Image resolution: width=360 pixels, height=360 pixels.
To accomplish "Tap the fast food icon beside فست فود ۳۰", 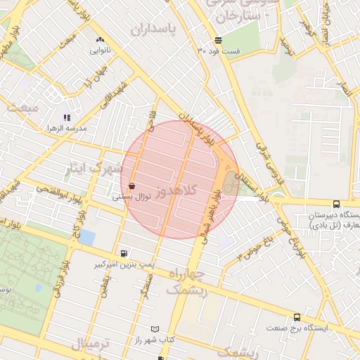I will (218, 40).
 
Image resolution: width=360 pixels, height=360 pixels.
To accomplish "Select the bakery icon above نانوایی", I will (100, 40).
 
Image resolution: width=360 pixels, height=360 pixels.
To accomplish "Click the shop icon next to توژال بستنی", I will (133, 186).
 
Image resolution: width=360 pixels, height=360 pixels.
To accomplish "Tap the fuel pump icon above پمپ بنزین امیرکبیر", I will (124, 253).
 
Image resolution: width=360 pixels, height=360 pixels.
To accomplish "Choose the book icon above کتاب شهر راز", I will (155, 329).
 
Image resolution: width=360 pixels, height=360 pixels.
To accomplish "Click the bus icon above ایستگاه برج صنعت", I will (297, 317).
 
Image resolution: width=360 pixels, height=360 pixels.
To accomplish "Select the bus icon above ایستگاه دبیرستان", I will (336, 204).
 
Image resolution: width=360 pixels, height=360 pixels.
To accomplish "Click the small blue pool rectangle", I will (86, 237).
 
